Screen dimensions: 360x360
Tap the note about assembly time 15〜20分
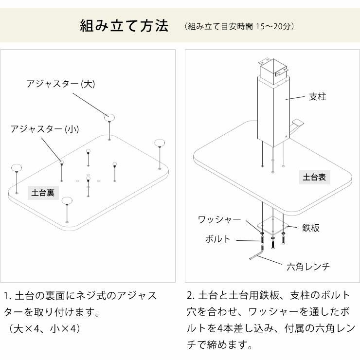(239, 26)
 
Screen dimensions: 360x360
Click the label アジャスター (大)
(61, 84)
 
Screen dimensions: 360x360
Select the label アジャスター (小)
(45, 129)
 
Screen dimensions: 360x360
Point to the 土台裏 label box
(43, 193)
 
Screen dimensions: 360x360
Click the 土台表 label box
(314, 178)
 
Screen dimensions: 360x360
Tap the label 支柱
(318, 97)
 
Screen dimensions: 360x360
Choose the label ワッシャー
(219, 219)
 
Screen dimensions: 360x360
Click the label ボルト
(217, 239)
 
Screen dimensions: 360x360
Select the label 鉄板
(311, 228)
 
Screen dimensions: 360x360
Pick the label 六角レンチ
(308, 266)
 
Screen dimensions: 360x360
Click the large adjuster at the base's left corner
(17, 168)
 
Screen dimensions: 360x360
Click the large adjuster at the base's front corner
(67, 200)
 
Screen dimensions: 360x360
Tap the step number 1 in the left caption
(6, 296)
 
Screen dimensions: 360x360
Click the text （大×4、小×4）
(44, 328)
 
